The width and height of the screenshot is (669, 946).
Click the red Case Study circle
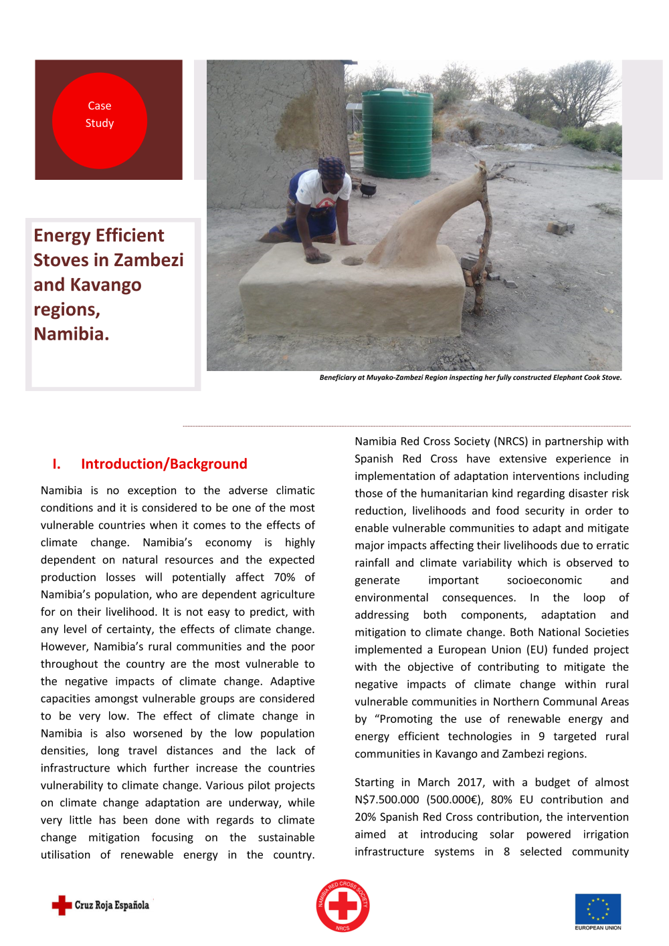tap(99, 121)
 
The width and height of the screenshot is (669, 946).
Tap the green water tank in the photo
tap(397, 134)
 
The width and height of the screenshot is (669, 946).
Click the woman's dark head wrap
tap(331, 166)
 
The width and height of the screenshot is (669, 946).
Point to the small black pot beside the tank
tap(367, 189)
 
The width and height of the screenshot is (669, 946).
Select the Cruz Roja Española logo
tap(101, 905)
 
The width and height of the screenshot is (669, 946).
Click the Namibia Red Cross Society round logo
tap(343, 905)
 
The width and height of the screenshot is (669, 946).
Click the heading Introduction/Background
tap(164, 464)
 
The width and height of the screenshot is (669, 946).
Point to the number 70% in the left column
tap(284, 577)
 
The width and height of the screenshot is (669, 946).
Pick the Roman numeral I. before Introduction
tap(56, 464)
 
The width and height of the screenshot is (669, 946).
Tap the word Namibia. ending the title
tap(71, 334)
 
